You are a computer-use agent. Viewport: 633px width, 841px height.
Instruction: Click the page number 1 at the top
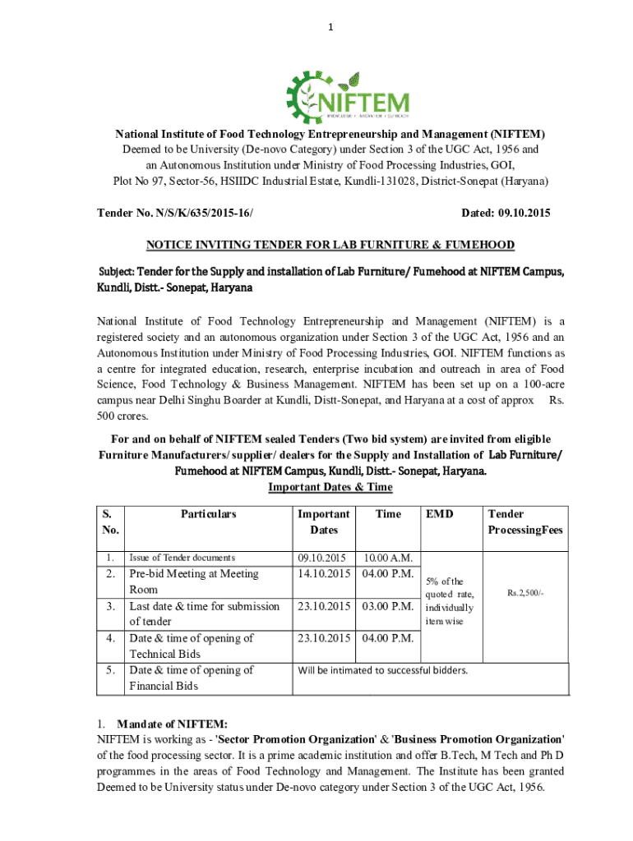(330, 30)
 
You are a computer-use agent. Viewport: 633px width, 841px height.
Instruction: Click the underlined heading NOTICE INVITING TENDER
(330, 245)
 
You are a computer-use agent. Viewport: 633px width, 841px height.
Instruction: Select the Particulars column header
(208, 514)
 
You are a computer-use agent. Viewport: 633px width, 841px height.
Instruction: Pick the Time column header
(388, 514)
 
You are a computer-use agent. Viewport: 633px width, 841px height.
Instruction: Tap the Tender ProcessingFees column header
(525, 522)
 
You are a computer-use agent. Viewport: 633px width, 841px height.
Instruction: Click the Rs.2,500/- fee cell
(525, 591)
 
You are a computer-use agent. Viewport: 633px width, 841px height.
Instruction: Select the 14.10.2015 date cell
(326, 573)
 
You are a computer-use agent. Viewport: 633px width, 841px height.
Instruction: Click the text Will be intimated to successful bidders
(383, 670)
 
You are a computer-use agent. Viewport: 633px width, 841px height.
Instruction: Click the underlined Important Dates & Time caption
(330, 487)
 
